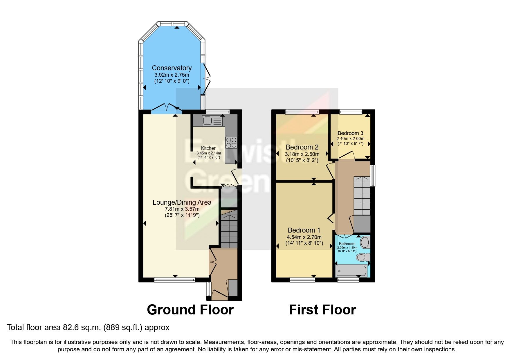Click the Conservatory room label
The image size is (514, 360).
[x=172, y=68]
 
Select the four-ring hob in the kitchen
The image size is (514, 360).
[x=231, y=143]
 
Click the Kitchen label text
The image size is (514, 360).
[x=209, y=148]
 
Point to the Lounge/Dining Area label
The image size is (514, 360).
[x=182, y=202]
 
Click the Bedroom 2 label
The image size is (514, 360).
[x=302, y=147]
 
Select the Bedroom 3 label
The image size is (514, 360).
[x=350, y=133]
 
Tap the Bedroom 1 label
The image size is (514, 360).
[x=304, y=230]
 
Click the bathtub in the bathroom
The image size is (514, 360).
[x=351, y=271]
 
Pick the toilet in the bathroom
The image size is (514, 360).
[x=363, y=257]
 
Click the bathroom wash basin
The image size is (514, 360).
[x=365, y=242]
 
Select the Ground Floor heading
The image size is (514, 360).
[x=190, y=310]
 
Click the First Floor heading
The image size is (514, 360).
[x=322, y=310]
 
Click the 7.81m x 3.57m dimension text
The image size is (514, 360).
[x=182, y=209]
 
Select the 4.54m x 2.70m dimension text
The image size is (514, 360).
[x=304, y=237]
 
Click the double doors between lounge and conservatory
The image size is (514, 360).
[x=167, y=108]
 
